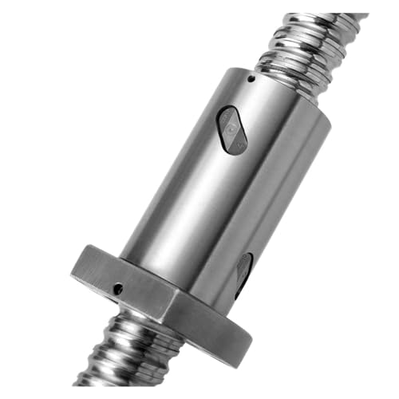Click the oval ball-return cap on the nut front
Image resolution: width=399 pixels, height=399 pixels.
tap(231, 128)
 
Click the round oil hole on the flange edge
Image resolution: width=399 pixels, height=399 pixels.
tap(118, 289)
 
